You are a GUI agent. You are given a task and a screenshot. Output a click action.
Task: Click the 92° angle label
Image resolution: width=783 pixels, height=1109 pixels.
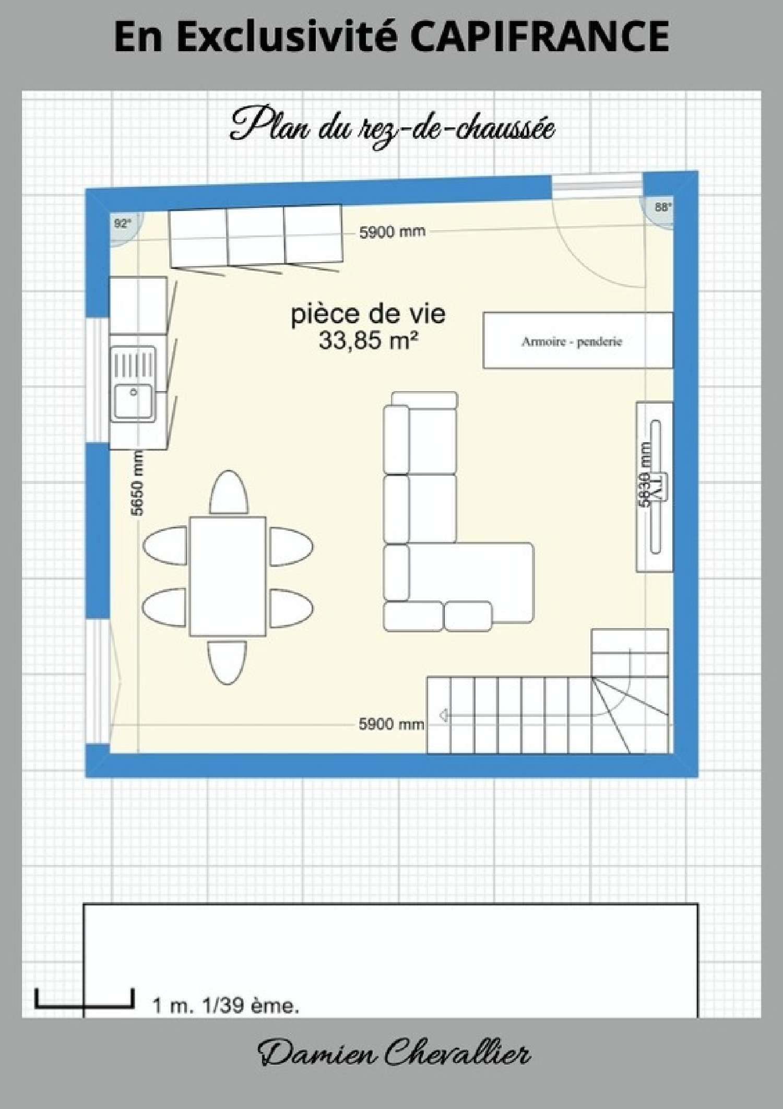coord(122,223)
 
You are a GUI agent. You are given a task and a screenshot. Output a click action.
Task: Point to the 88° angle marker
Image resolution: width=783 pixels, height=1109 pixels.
coord(662,207)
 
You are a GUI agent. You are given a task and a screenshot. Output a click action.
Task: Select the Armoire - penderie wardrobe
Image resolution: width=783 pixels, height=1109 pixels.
coord(577,341)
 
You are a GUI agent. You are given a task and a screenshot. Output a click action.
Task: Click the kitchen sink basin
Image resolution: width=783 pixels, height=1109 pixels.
coord(134,400)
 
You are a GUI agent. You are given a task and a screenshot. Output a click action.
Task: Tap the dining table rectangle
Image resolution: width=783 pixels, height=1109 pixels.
coord(228,576)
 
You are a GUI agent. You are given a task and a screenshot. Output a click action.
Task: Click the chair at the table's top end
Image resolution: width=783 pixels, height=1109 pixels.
coord(229,492)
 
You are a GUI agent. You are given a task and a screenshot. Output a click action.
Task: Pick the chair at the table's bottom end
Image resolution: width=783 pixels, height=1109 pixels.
coord(227,661)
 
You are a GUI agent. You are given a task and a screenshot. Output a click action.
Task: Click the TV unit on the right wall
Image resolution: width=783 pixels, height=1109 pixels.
coord(654,487)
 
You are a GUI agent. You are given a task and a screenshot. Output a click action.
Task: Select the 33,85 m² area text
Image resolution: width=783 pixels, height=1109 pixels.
coord(368,340)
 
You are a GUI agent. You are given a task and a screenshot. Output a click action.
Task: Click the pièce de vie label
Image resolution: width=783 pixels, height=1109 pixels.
coord(368,314)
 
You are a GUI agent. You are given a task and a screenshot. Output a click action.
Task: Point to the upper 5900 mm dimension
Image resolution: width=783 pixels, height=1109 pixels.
coord(392,232)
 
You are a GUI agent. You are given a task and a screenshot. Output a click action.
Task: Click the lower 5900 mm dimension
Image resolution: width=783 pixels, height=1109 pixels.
coord(391,724)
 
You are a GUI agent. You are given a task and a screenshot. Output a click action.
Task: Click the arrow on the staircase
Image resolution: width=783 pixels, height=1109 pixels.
coord(443,715)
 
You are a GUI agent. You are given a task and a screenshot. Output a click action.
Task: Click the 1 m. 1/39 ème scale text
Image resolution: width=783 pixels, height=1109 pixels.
coord(226,1005)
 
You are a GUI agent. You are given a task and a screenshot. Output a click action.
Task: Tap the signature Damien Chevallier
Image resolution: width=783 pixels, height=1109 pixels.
coord(394,1053)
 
